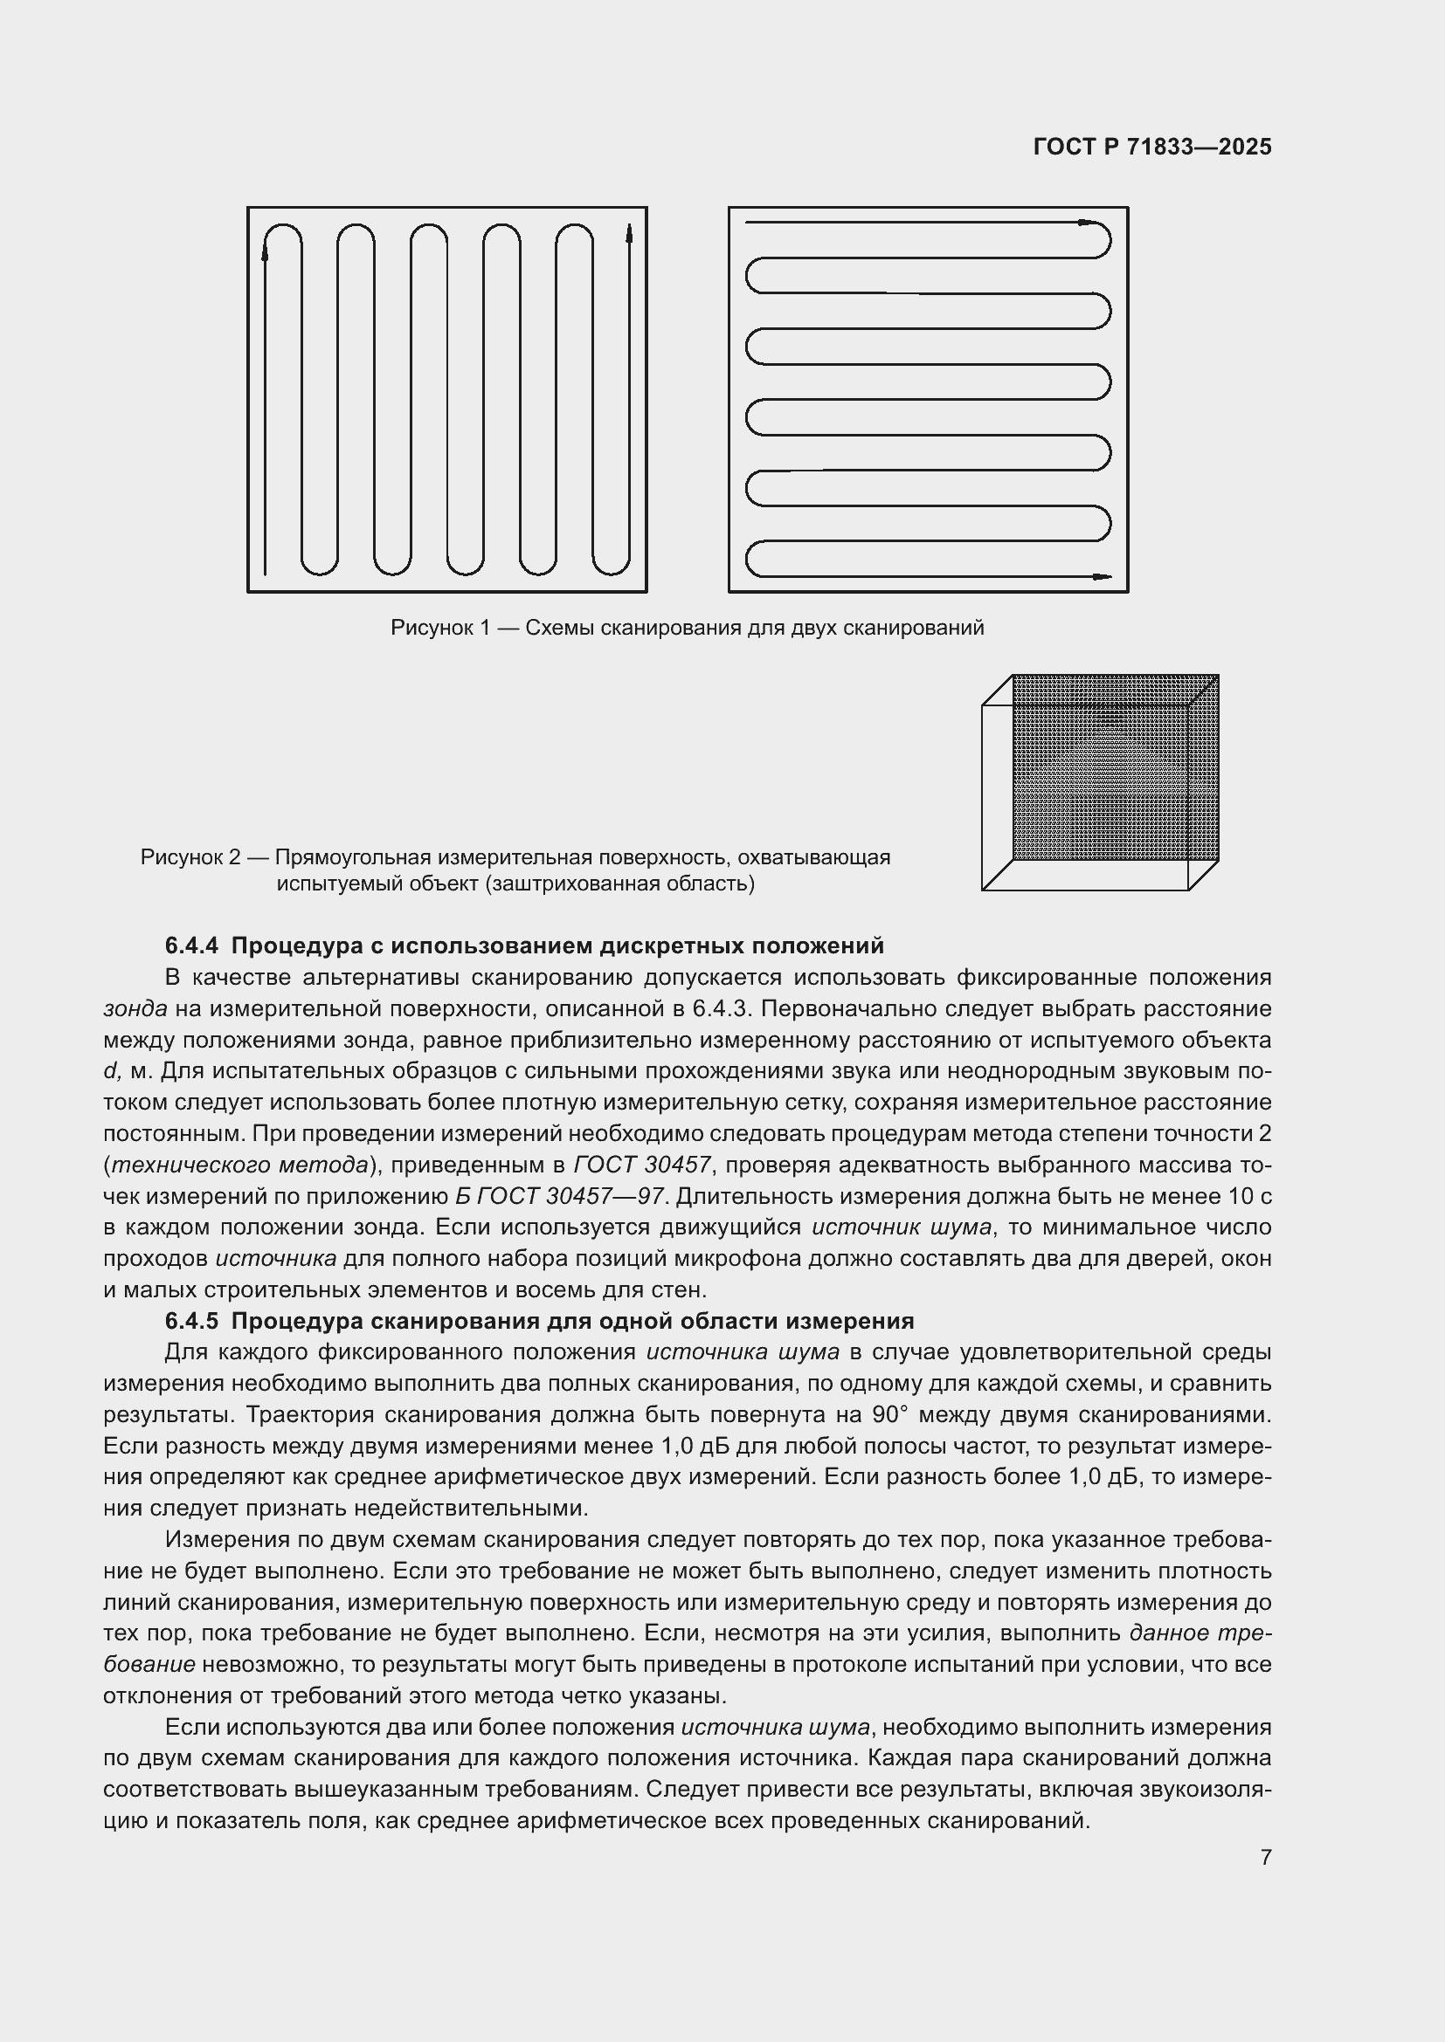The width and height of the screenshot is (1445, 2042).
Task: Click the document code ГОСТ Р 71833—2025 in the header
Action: click(1152, 147)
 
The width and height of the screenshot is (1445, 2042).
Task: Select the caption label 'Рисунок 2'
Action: click(190, 857)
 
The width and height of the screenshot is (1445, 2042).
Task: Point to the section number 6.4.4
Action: click(191, 945)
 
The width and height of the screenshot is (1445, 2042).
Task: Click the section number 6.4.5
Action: click(191, 1321)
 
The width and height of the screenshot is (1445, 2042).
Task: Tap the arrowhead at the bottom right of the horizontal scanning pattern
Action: click(1102, 576)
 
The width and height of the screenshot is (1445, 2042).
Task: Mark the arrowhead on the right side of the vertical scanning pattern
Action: click(629, 234)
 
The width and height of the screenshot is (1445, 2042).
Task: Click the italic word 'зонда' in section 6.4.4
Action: click(135, 1008)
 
